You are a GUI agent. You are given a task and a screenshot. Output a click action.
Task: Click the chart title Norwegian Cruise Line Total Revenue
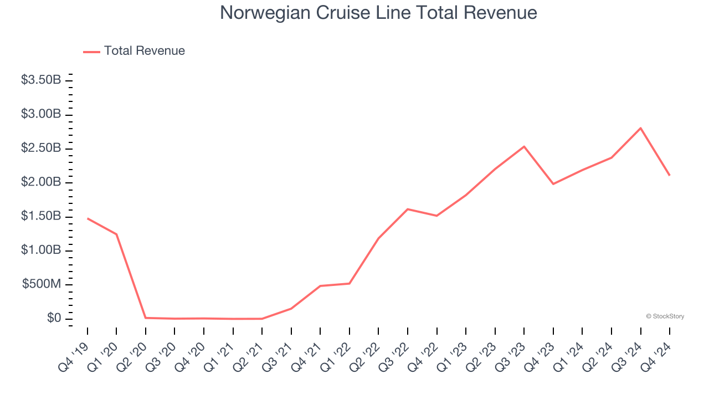pos(378,13)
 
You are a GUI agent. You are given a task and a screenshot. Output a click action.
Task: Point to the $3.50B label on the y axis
pos(41,80)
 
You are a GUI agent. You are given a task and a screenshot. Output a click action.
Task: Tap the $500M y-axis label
pos(42,284)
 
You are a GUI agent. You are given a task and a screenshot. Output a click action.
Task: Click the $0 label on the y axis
pos(53,319)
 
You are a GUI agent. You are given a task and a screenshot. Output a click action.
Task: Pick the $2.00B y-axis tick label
pos(41,182)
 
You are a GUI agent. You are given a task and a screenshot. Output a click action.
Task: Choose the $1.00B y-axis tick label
pos(41,250)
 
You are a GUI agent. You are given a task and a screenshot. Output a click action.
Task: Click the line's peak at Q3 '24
pos(641,128)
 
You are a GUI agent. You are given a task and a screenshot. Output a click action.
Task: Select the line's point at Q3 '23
pos(524,146)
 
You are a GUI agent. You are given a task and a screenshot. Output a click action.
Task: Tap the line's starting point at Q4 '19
pos(88,218)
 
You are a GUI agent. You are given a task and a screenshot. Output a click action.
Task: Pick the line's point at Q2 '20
pos(146,318)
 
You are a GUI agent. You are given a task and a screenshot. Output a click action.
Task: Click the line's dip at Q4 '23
pos(553,183)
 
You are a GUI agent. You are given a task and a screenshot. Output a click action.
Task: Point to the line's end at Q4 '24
pos(670,175)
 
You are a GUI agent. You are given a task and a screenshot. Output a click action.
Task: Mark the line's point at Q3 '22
pos(408,209)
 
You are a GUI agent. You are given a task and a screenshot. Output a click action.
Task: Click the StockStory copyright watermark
pos(665,316)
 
